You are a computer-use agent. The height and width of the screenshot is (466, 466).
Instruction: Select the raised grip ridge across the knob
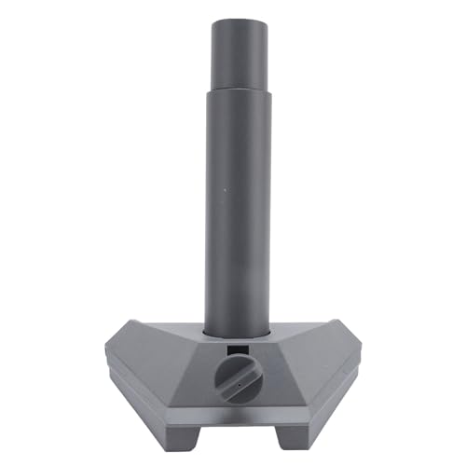click(x=233, y=378)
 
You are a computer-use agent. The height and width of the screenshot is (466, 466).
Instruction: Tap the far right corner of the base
click(x=359, y=352)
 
